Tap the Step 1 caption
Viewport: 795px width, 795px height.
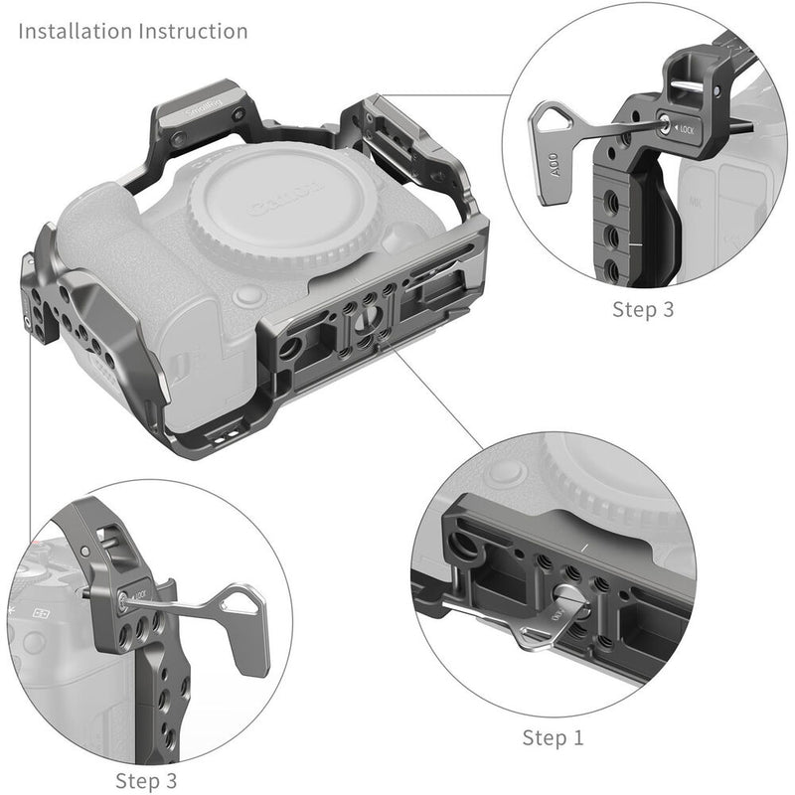(x=554, y=737)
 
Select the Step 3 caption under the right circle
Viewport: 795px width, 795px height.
(x=643, y=309)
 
